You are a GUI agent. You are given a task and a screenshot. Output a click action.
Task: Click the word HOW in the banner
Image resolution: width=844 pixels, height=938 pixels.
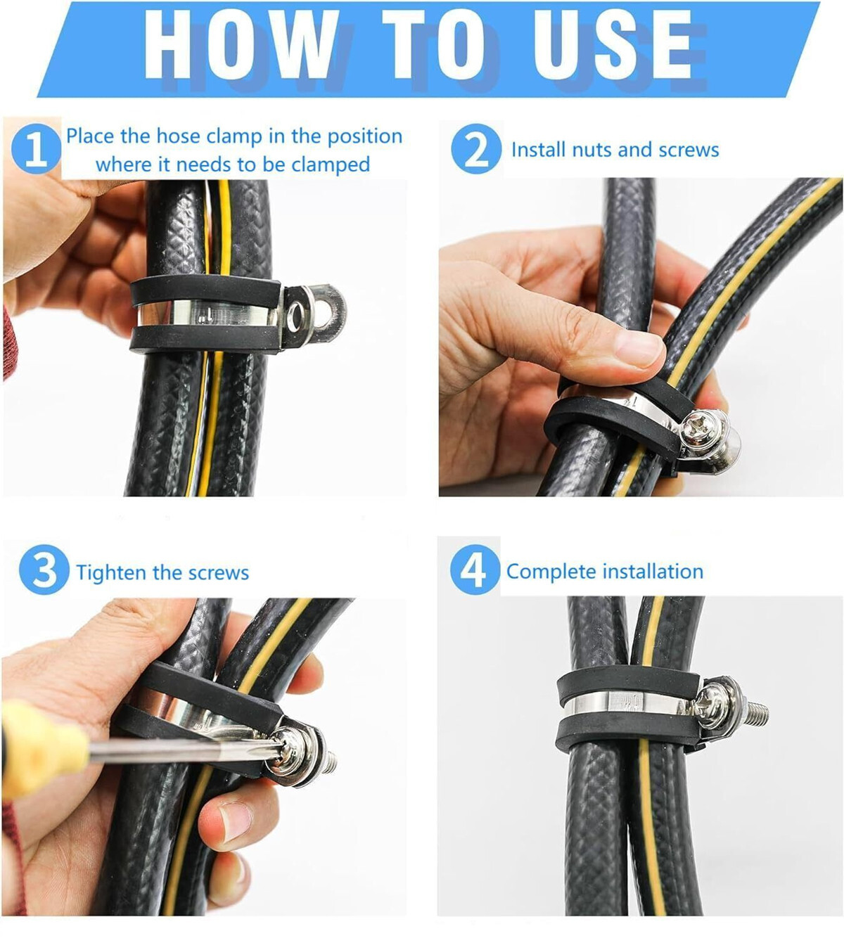[x=241, y=44]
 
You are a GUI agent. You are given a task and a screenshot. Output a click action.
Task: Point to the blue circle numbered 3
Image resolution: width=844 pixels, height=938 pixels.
[x=44, y=570]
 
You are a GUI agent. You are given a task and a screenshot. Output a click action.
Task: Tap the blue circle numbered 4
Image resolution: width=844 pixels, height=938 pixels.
[x=475, y=570]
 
